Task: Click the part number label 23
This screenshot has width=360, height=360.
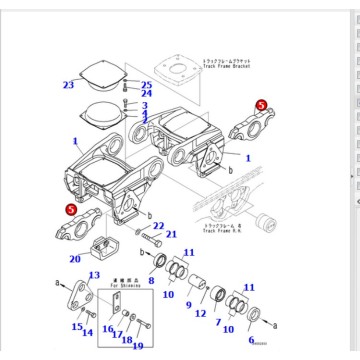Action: pyautogui.click(x=68, y=85)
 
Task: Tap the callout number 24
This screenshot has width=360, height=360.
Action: pyautogui.click(x=146, y=94)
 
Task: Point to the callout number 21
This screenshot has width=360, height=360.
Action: pyautogui.click(x=171, y=235)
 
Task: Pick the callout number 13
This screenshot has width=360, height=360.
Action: pyautogui.click(x=94, y=275)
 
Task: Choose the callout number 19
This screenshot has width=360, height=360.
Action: pyautogui.click(x=138, y=345)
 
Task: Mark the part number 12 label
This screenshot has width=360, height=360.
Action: pyautogui.click(x=201, y=314)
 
